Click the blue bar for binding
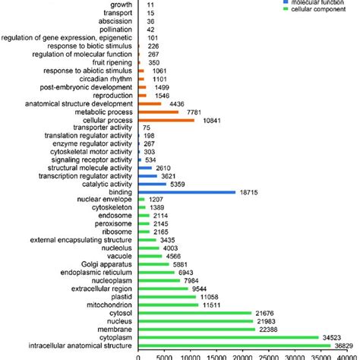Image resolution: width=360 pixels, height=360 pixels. (x=186, y=193)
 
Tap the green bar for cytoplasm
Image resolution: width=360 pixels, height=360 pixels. (x=229, y=336)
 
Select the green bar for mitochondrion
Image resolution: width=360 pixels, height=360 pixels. (x=168, y=304)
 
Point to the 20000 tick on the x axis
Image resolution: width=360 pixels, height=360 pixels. (x=242, y=355)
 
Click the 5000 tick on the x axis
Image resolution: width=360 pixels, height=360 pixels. (x=164, y=355)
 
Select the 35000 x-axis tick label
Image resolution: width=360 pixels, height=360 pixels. (x=321, y=355)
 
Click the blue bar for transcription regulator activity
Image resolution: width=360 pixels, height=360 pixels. (x=147, y=175)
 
